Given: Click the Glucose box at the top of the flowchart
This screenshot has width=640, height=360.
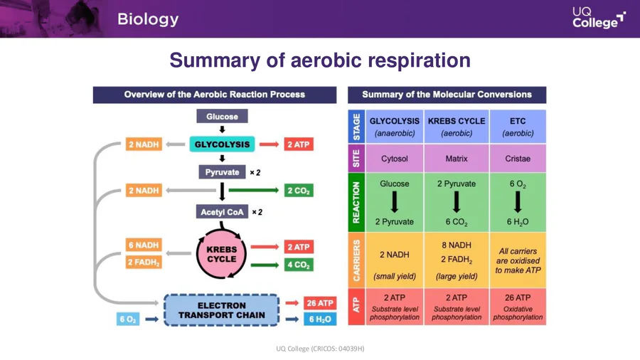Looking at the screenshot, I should click(222, 116).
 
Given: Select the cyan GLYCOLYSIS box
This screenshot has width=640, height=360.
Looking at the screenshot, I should click(222, 144).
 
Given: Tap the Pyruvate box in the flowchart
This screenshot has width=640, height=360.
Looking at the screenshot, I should click(222, 172).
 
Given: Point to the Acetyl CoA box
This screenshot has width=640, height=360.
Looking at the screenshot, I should click(222, 212).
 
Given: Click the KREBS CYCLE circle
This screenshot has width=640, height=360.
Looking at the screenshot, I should click(221, 255).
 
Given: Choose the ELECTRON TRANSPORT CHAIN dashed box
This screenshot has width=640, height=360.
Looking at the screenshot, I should click(222, 310).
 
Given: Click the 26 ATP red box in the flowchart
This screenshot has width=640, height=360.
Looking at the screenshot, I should click(319, 303).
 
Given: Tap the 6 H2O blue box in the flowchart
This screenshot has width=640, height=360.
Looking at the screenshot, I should click(319, 319).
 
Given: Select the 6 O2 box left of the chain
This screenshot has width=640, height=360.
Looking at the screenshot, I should click(128, 319).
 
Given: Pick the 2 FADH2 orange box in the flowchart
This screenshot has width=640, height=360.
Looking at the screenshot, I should click(144, 263).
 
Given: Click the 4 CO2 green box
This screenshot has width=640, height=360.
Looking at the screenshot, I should click(298, 265).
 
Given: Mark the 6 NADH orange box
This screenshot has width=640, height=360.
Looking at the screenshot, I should click(144, 245).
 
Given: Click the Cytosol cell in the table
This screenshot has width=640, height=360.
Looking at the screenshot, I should click(395, 159).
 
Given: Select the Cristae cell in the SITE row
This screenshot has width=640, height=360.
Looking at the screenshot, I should click(518, 159).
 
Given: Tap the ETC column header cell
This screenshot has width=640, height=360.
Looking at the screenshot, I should click(518, 127).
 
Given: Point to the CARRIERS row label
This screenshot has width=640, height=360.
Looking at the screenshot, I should click(356, 260).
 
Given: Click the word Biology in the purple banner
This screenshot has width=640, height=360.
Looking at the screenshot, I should click(148, 19).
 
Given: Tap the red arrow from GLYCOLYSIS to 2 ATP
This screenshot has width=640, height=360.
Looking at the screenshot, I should click(268, 144).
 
